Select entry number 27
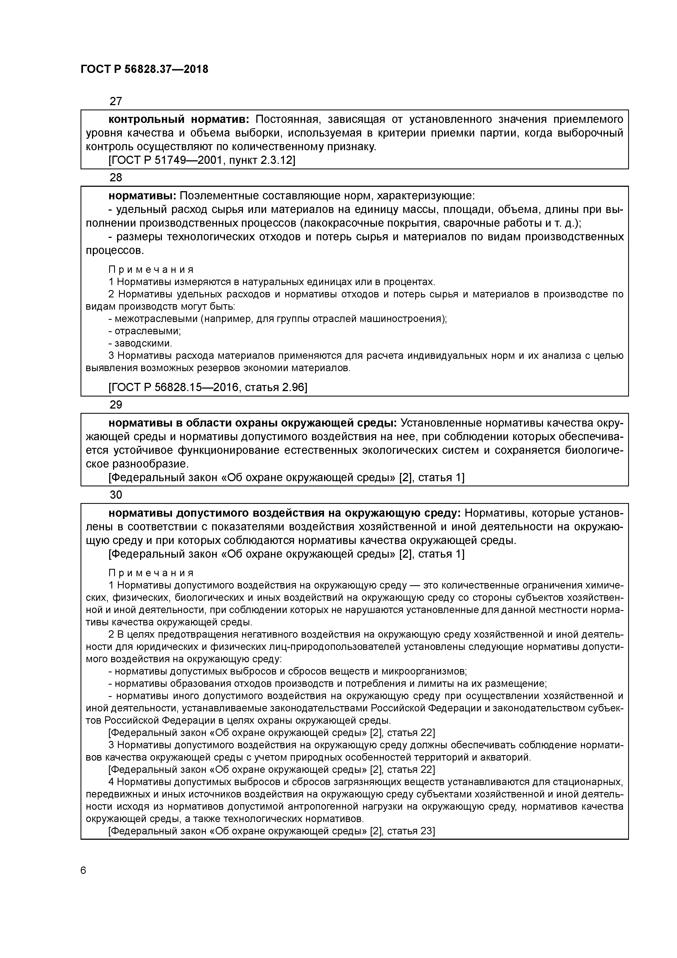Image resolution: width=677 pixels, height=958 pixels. point(115,101)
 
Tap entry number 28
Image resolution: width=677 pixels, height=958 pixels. point(115,178)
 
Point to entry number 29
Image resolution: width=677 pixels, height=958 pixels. point(115,405)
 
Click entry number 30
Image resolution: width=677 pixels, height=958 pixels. point(115,495)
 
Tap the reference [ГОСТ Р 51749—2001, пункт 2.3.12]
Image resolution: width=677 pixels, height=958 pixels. point(201,161)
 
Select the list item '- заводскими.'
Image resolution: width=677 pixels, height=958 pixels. point(140,343)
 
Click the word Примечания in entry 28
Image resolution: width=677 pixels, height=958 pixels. point(151,270)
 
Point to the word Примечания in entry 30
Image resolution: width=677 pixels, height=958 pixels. point(151,573)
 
